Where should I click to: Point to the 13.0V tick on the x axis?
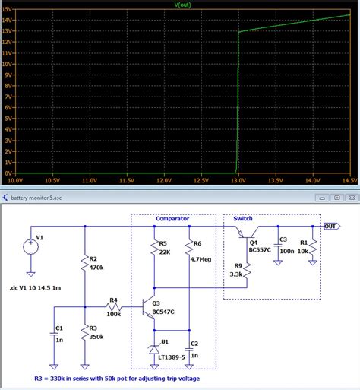point(238,182)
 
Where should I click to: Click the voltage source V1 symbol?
point(30,246)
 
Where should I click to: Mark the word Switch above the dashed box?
point(244,217)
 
